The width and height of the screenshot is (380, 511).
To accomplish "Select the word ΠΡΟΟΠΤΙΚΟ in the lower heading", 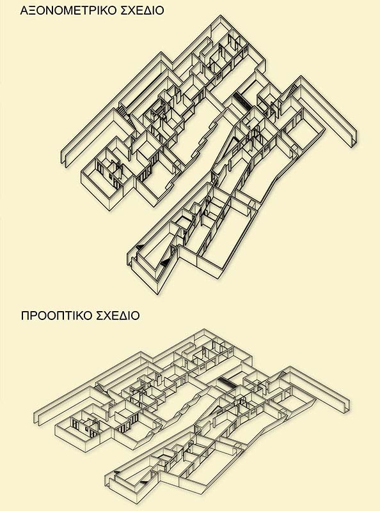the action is coord(56,316).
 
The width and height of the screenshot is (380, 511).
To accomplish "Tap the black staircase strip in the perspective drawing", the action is coord(228,381).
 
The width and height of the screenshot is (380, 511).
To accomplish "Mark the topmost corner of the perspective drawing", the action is coord(204,329).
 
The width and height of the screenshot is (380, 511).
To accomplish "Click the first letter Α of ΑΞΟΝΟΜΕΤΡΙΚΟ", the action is coord(24,10).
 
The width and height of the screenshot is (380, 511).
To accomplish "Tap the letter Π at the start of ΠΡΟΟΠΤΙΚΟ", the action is coord(25,316).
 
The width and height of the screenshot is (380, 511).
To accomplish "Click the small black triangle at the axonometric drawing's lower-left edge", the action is coord(139,247).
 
